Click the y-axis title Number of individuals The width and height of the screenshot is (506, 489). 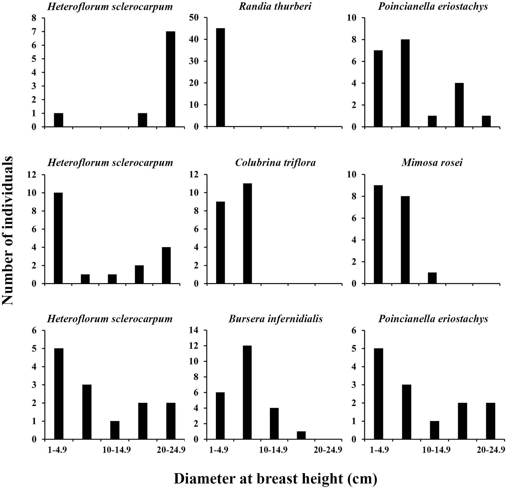click(x=7, y=230)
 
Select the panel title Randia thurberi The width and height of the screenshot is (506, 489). click(x=275, y=6)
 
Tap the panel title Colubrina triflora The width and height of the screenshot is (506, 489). click(x=275, y=163)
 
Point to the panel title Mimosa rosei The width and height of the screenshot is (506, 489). click(x=432, y=163)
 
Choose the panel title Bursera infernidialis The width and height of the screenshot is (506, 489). click(x=276, y=319)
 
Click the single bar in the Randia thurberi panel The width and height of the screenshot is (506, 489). click(x=220, y=77)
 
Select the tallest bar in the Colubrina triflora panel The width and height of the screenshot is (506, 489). click(x=247, y=234)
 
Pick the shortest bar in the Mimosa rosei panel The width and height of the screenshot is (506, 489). click(x=432, y=278)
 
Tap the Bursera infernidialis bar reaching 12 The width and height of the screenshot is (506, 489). click(x=247, y=392)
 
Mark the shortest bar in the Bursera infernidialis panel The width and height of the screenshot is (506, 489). click(x=301, y=435)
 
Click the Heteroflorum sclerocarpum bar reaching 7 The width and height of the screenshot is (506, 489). click(x=170, y=79)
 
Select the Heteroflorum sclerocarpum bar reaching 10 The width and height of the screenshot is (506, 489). click(x=58, y=238)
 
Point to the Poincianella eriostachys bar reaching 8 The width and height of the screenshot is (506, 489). click(x=405, y=83)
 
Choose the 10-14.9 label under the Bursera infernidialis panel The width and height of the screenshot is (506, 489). click(x=274, y=450)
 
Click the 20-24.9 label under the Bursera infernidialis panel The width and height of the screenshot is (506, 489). click(x=328, y=450)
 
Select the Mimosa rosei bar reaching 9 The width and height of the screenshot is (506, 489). click(x=378, y=235)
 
